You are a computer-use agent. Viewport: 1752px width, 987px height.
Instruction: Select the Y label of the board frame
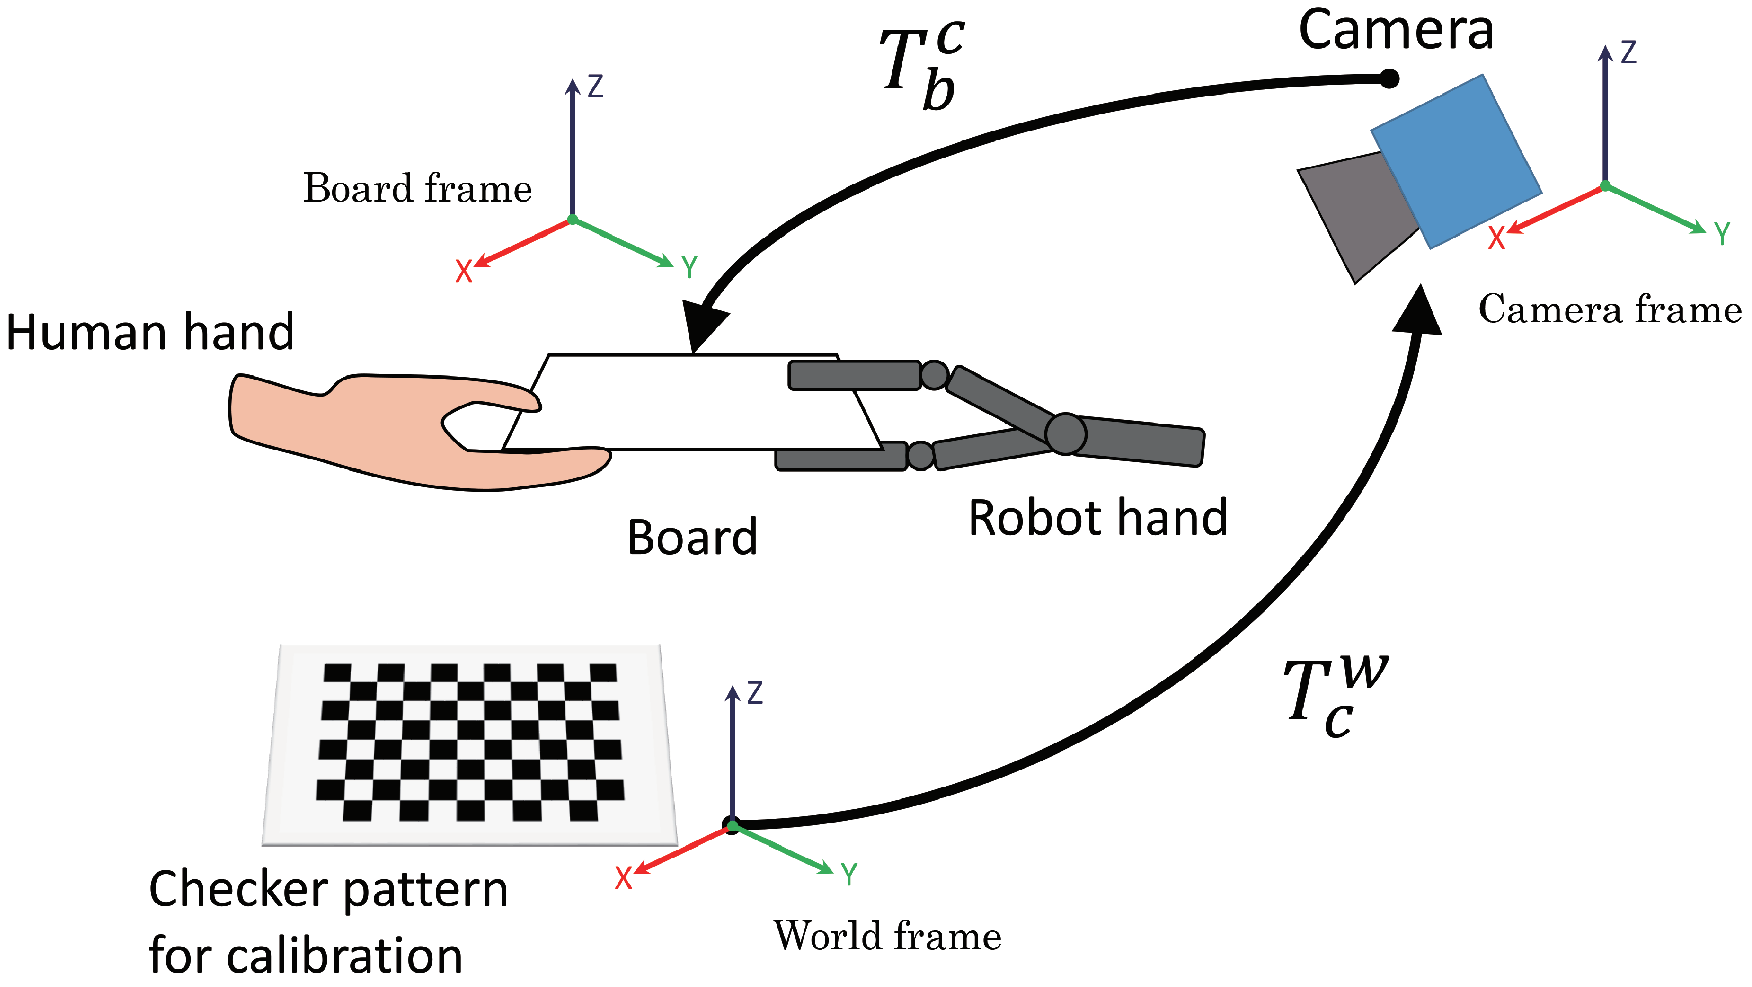point(689,267)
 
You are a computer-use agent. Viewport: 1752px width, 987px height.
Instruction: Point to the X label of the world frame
point(623,878)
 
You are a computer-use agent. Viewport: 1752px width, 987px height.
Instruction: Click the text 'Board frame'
point(417,189)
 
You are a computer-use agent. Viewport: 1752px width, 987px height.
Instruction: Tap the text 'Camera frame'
point(1610,309)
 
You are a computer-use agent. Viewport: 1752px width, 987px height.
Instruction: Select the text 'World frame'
point(887,936)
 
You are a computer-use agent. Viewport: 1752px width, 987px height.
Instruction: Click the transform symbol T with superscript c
point(922,65)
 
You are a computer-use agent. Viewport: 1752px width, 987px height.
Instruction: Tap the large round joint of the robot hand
point(1065,434)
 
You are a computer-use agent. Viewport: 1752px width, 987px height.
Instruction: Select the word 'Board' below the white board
point(692,538)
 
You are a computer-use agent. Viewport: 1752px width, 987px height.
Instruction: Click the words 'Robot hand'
point(1097,518)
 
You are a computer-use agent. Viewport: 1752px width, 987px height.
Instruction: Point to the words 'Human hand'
point(150,333)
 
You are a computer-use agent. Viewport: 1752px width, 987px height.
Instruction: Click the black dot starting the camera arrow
point(1389,79)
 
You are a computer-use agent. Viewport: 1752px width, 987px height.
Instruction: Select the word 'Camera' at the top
point(1396,31)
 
